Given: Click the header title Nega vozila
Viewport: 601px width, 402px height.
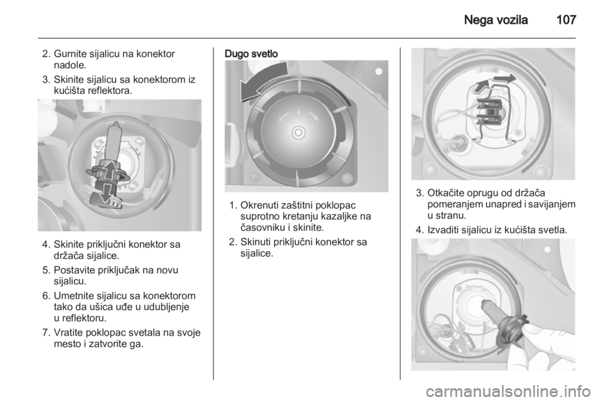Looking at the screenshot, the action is click(x=496, y=20).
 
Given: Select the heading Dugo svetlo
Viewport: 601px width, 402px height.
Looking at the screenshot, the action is click(x=251, y=54).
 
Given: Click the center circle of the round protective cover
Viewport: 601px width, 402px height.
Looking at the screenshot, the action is click(x=298, y=133).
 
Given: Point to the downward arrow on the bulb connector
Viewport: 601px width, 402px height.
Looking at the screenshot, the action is click(x=108, y=192).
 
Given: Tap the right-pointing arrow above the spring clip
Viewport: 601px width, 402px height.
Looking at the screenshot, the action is click(x=503, y=78).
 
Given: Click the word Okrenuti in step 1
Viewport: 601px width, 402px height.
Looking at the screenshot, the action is click(x=259, y=205).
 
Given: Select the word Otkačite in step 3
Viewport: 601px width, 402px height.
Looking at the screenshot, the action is click(x=445, y=193).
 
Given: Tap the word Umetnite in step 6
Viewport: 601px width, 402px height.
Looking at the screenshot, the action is click(x=74, y=296).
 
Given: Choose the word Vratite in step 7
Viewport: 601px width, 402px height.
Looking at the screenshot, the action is click(x=69, y=332).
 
